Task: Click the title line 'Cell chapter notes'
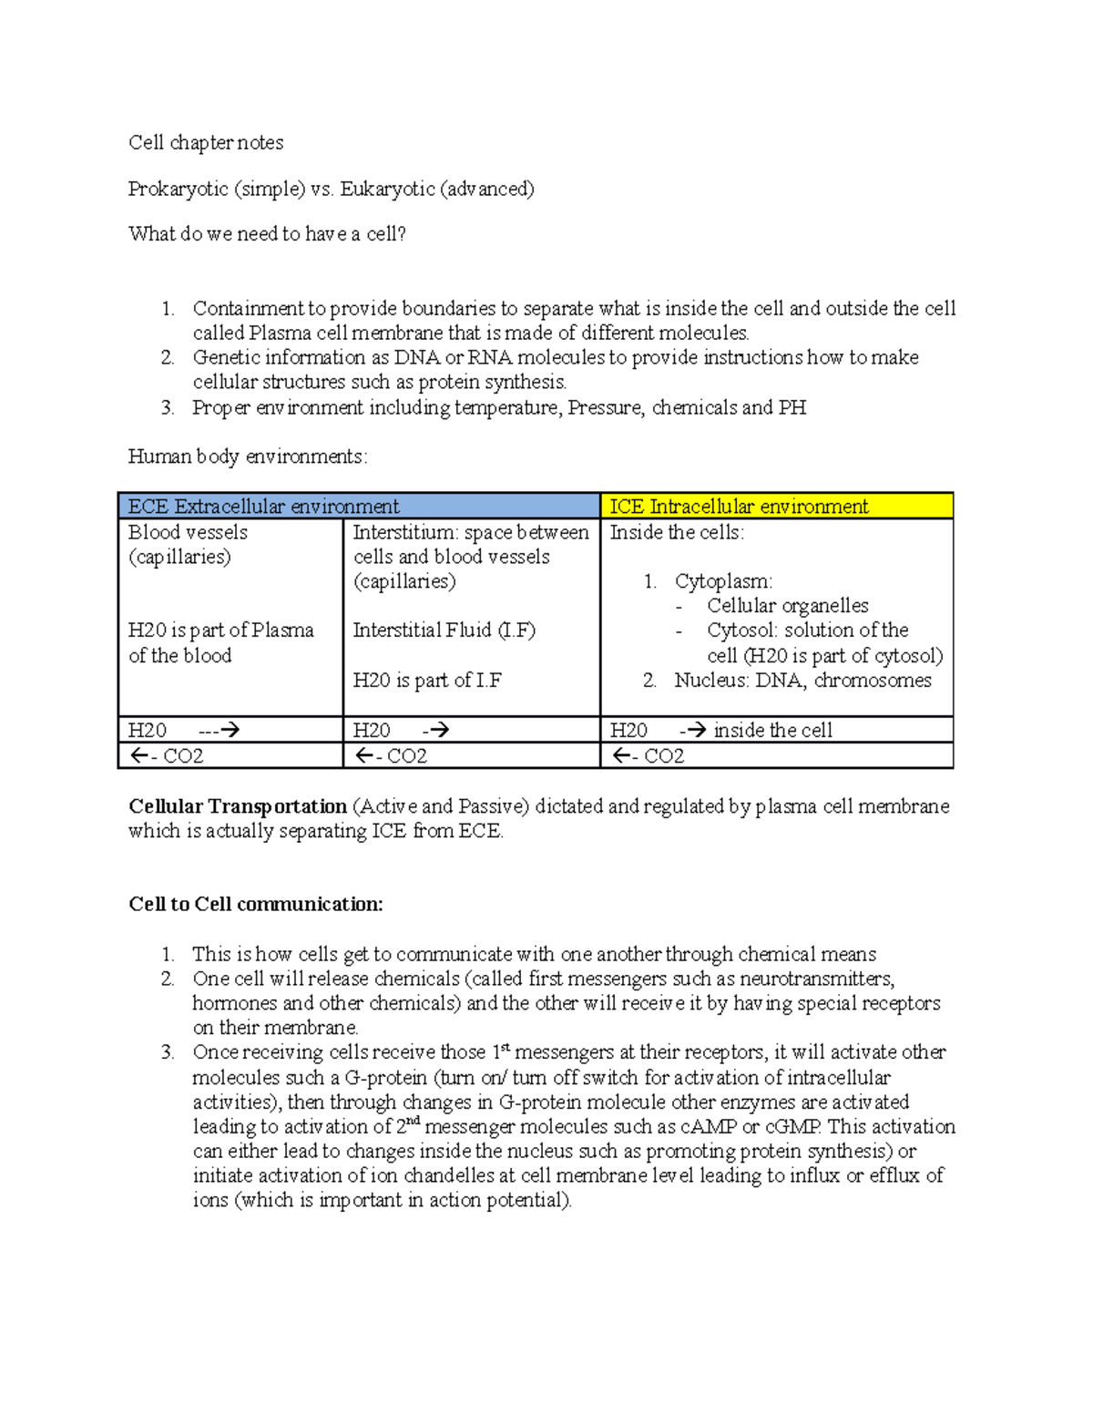pyautogui.click(x=206, y=143)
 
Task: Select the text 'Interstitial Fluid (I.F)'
pyautogui.click(x=444, y=631)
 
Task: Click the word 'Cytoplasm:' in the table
pyautogui.click(x=723, y=581)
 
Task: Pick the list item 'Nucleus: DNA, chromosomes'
pyautogui.click(x=802, y=681)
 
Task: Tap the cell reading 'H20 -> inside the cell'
pyautogui.click(x=776, y=730)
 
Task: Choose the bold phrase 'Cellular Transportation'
pyautogui.click(x=238, y=806)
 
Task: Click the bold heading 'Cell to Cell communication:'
pyautogui.click(x=256, y=905)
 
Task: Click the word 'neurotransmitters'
pyautogui.click(x=816, y=979)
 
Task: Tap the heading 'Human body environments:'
pyautogui.click(x=248, y=456)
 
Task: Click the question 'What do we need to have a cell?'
pyautogui.click(x=267, y=234)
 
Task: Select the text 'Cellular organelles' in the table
pyautogui.click(x=787, y=606)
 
